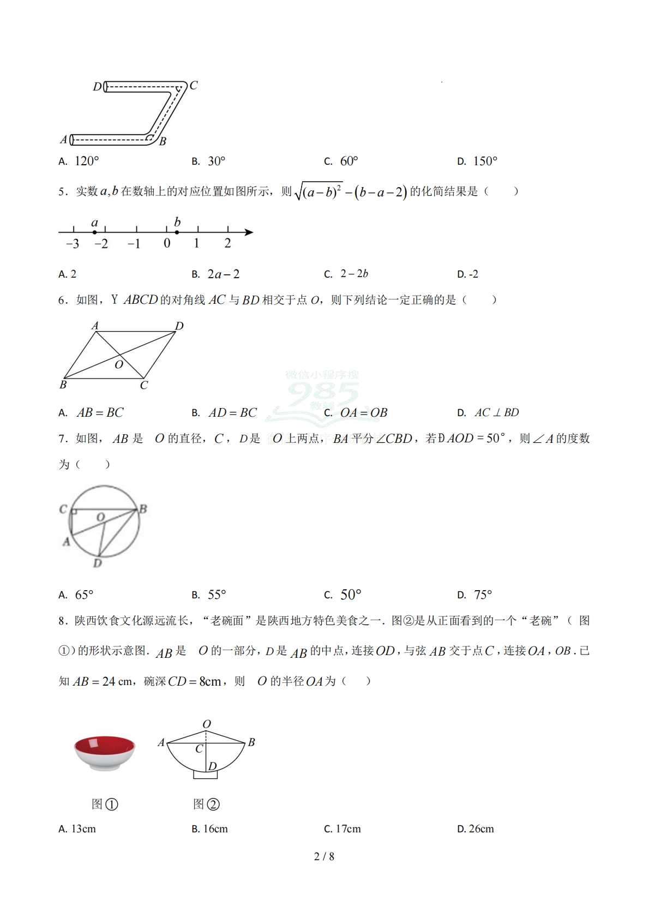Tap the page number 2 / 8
(x=324, y=856)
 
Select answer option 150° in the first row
(x=485, y=161)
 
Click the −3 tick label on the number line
(x=73, y=244)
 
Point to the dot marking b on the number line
(x=177, y=232)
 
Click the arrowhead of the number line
(x=249, y=232)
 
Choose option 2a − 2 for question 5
(x=223, y=274)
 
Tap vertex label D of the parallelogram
(x=179, y=326)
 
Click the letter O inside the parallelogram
(x=119, y=364)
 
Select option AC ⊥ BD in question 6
(x=496, y=412)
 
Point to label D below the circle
(x=97, y=563)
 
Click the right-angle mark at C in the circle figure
(x=74, y=512)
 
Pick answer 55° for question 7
(x=217, y=595)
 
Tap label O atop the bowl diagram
(x=207, y=724)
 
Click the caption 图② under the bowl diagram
(x=206, y=804)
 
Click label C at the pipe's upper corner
(x=194, y=86)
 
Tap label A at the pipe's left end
(x=63, y=140)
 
